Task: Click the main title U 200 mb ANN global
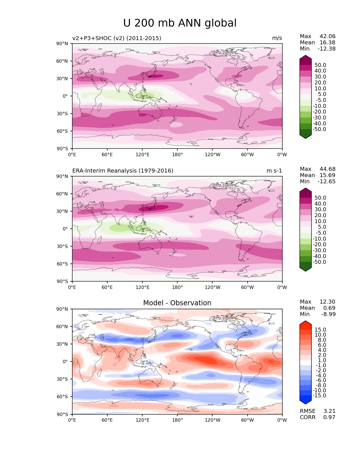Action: click(180, 23)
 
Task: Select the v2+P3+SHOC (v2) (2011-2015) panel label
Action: click(117, 38)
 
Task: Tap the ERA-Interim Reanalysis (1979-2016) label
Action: click(123, 171)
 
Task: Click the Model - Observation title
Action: click(177, 303)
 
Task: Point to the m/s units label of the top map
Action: click(277, 38)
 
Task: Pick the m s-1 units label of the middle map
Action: click(274, 171)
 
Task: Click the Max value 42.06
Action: click(328, 36)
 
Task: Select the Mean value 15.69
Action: click(328, 175)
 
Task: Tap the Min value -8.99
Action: click(328, 314)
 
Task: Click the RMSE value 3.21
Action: click(329, 411)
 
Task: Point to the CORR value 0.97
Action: click(329, 417)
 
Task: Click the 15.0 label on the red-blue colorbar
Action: click(320, 330)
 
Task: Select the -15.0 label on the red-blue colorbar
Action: click(319, 395)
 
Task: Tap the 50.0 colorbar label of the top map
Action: click(320, 65)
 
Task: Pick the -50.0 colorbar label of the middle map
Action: click(319, 262)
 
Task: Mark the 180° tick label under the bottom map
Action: click(177, 420)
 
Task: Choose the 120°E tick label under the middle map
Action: click(142, 287)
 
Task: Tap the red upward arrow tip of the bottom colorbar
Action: click(306, 323)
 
